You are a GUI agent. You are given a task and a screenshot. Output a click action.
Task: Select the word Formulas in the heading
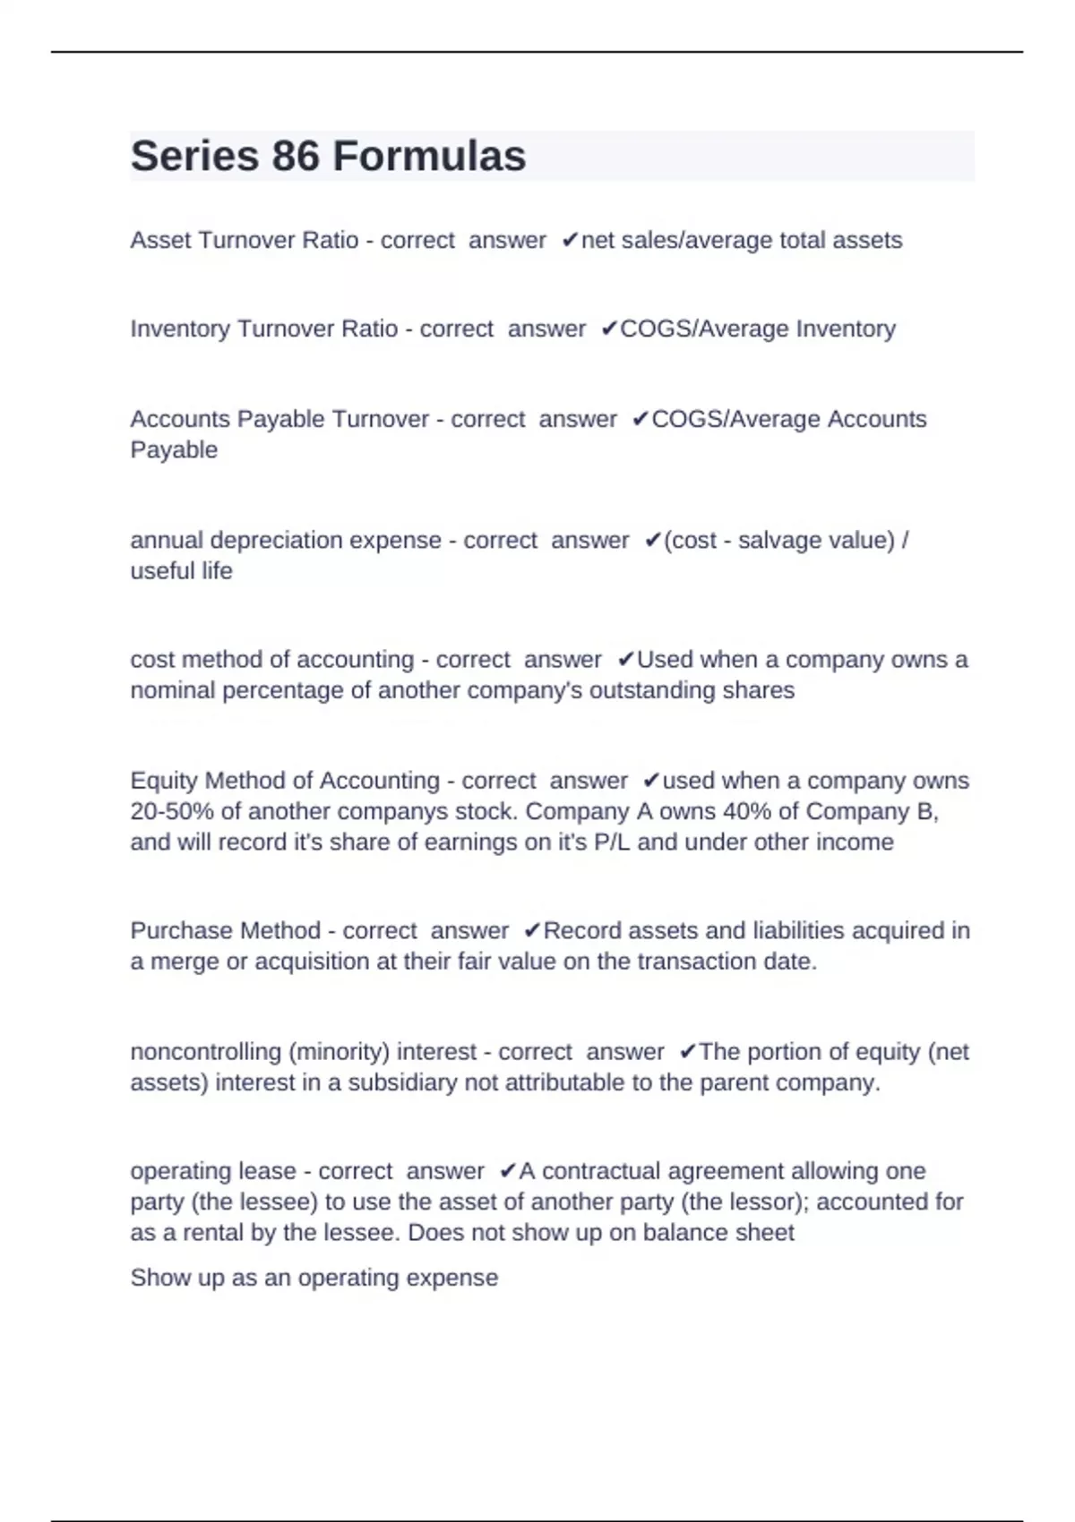[x=429, y=157]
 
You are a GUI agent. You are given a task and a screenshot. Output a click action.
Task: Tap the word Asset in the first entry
[x=160, y=240]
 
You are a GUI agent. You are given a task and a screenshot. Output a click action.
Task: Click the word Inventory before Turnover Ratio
[x=180, y=329]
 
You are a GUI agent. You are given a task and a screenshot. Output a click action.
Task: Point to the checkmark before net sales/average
[x=570, y=240]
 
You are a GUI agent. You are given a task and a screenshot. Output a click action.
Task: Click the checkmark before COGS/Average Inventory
[x=609, y=329]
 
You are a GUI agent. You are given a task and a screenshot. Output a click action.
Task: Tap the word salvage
[x=771, y=540]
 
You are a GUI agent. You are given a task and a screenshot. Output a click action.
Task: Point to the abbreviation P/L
[x=612, y=842]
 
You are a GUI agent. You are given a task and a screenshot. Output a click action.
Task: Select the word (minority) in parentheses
[x=340, y=1051]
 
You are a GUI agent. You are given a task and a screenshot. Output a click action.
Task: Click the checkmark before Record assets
[x=532, y=930]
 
